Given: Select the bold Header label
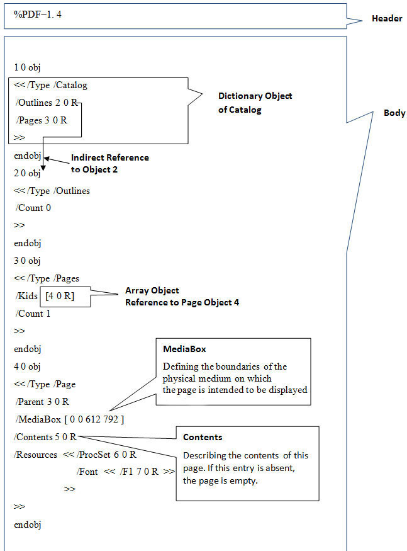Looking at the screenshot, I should (x=387, y=19).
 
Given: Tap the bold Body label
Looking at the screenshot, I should (x=394, y=113).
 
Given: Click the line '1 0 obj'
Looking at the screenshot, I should (x=28, y=67).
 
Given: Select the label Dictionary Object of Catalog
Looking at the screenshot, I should (x=255, y=103).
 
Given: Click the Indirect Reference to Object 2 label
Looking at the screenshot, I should (x=109, y=163).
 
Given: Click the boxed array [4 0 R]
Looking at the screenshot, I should (x=60, y=296).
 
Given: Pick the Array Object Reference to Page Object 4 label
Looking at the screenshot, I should (x=182, y=297).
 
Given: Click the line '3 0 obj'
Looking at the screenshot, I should (x=28, y=261).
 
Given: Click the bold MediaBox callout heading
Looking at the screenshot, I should (x=179, y=349).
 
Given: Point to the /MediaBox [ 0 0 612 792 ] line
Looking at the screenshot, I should (x=70, y=419).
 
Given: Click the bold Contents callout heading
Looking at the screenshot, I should (x=202, y=437).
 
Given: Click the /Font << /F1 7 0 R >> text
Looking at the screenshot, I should (x=125, y=472).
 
